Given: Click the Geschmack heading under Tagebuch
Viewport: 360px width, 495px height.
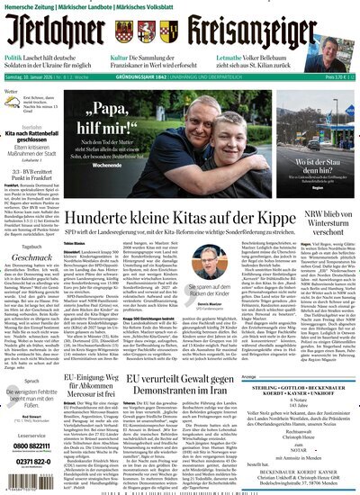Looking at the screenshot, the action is pyautogui.click(x=30, y=280).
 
